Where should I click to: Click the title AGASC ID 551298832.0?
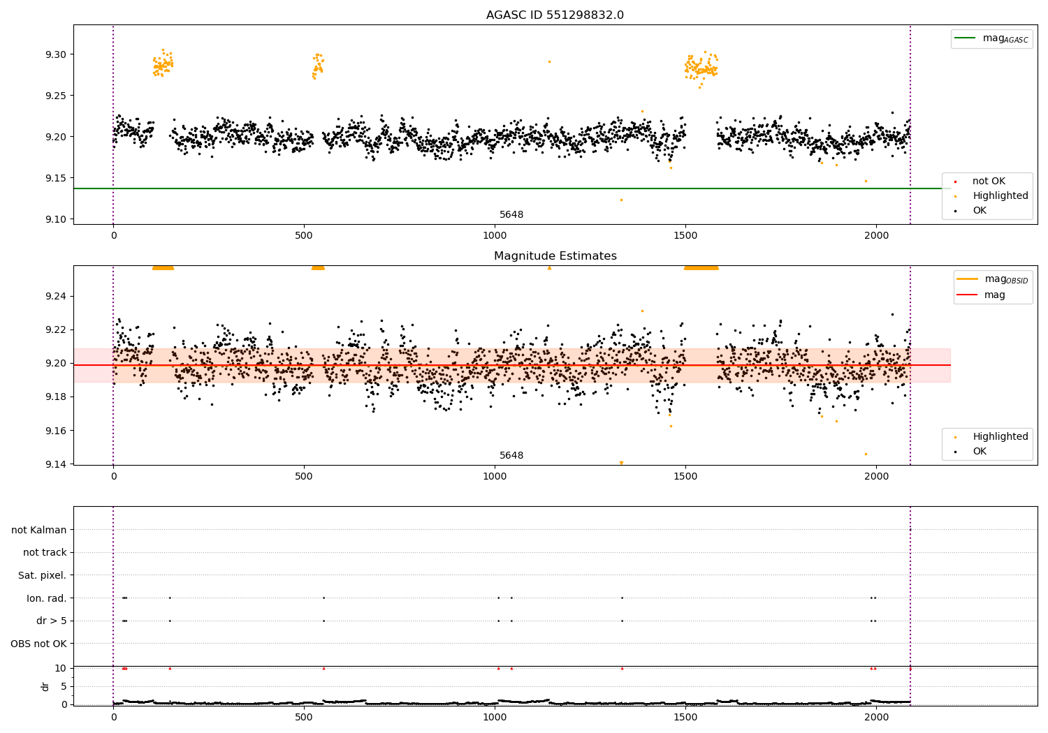pos(555,15)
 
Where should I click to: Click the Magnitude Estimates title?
pos(555,256)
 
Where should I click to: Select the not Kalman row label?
pos(38,530)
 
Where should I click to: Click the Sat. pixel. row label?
pos(42,575)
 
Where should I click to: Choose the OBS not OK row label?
pos(38,644)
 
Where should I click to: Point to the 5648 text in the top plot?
pos(511,215)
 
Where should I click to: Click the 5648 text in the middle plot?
pos(511,456)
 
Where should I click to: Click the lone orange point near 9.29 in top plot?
pos(549,61)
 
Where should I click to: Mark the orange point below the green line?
pos(621,200)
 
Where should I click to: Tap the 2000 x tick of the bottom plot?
pos(876,716)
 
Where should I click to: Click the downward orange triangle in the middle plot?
pos(621,463)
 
